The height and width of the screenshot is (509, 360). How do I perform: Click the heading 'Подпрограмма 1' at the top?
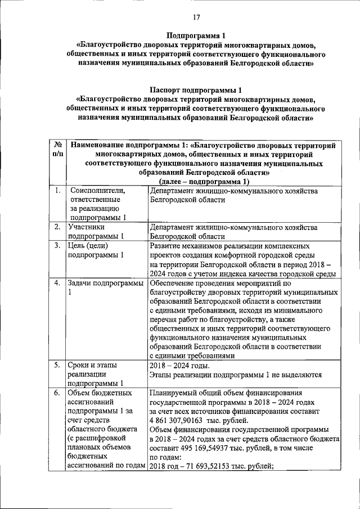point(196,35)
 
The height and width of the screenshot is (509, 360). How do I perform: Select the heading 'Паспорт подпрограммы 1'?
point(196,89)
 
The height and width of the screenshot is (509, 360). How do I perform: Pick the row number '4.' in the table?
point(57,282)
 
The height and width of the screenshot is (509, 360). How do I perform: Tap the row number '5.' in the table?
point(57,366)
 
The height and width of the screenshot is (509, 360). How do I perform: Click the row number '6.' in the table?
point(57,393)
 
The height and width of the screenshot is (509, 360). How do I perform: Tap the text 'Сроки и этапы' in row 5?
point(92,366)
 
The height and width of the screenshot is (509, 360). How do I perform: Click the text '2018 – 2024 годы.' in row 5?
point(179,366)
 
